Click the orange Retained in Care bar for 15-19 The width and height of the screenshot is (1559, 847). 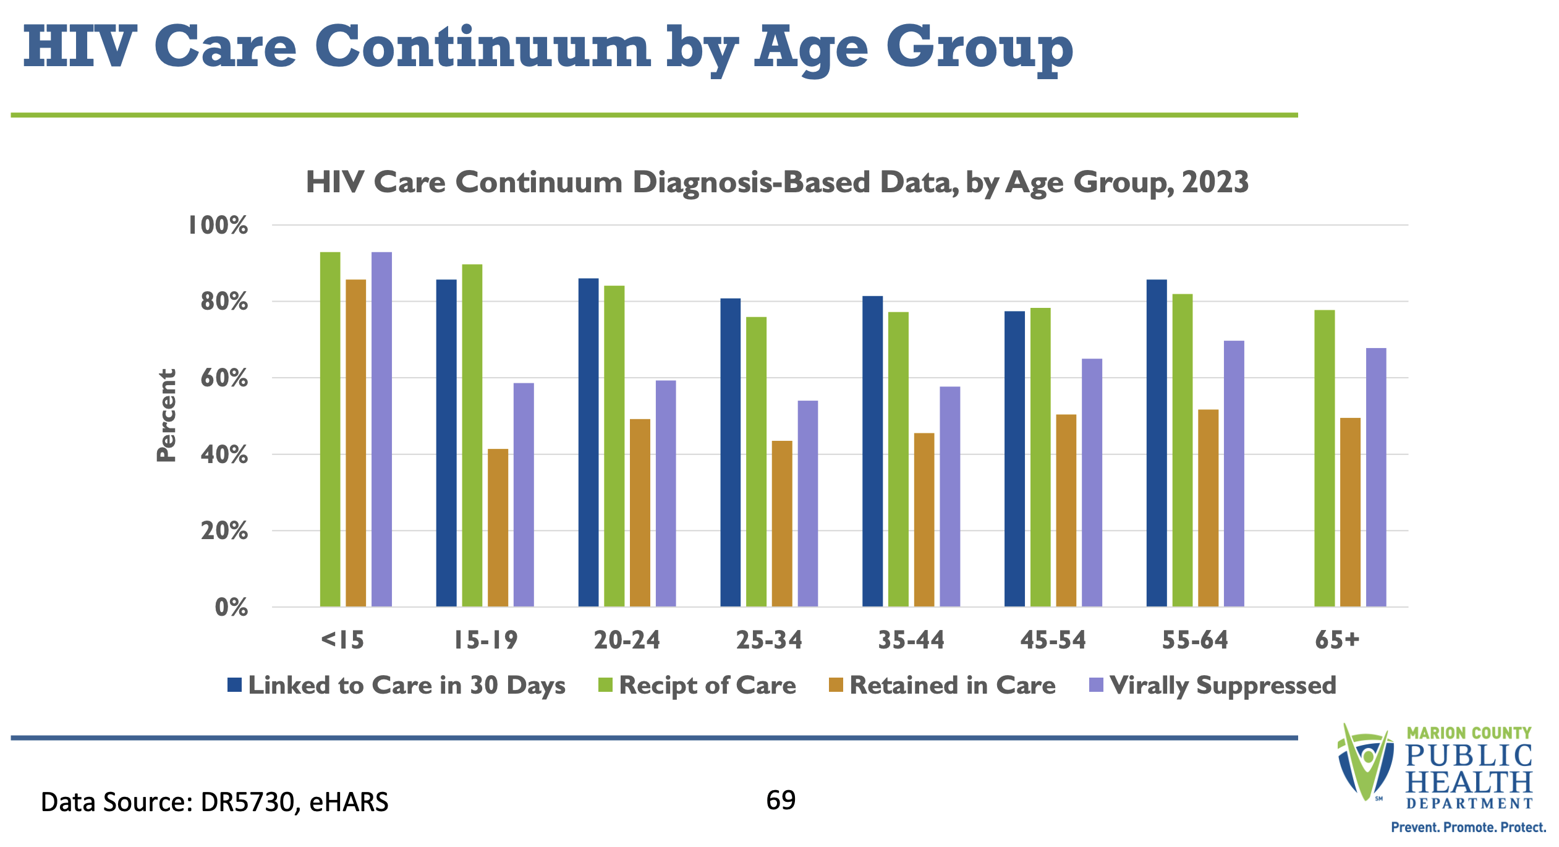pos(498,527)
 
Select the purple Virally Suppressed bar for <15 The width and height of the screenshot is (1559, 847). pos(381,429)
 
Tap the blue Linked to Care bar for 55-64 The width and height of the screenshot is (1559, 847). pos(1157,443)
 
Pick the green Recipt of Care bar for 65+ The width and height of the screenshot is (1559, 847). pos(1324,458)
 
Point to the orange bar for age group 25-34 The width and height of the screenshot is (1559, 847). pos(782,524)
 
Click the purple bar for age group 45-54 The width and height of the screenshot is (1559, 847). pos(1092,482)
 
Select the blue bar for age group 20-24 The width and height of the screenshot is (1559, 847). pos(588,442)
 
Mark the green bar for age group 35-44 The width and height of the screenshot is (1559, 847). pos(898,459)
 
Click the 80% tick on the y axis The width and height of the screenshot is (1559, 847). pos(224,302)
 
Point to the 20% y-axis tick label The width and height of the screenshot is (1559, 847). pos(224,531)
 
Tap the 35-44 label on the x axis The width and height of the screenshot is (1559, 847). pos(911,640)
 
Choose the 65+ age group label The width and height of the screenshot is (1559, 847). pos(1337,640)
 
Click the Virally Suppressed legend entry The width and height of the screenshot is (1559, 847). pos(1212,686)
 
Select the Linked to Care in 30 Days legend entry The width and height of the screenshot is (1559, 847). pos(396,686)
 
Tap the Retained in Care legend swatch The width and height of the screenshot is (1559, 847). pos(836,685)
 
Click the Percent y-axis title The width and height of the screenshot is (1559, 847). pos(166,415)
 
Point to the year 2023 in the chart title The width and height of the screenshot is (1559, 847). pos(1215,182)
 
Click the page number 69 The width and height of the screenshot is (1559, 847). pos(781,801)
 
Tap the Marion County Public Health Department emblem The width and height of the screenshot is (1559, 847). pos(1367,762)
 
